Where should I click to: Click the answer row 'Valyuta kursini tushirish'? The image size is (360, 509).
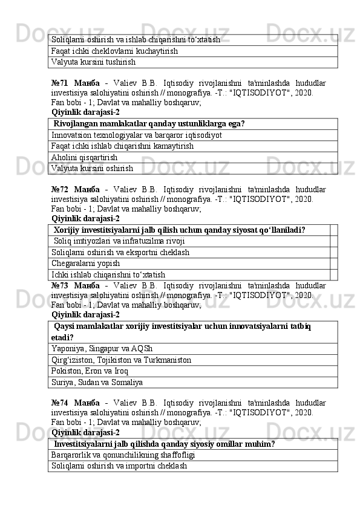point(94,62)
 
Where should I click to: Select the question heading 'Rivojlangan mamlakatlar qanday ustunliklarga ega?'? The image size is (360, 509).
point(149,124)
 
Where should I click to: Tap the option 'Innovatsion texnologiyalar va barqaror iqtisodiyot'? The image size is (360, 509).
point(137,135)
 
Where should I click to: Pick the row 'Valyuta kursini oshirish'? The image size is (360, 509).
point(93,168)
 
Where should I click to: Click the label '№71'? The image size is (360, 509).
point(61,83)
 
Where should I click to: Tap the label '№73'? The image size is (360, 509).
point(61,285)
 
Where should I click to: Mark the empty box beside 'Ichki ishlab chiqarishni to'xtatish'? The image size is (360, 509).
point(333,274)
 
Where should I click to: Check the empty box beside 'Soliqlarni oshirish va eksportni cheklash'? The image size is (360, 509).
point(333,252)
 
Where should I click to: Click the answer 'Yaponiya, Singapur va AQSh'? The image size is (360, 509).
point(102,349)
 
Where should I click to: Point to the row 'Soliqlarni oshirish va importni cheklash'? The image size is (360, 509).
point(119,466)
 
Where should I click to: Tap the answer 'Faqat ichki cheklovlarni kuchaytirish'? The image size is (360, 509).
point(115,51)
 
